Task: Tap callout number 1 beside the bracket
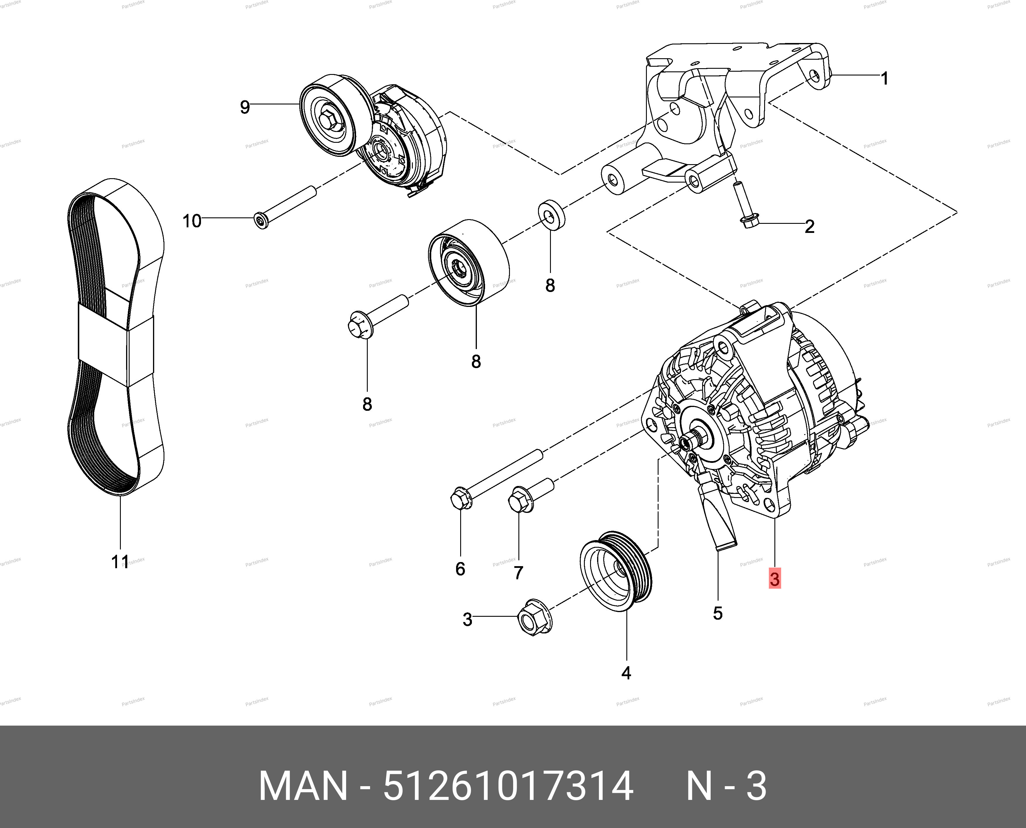pos(884,78)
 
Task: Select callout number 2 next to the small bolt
pos(810,226)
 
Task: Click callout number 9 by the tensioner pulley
pos(245,107)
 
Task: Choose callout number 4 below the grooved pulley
pos(626,673)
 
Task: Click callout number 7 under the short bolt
pos(518,572)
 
